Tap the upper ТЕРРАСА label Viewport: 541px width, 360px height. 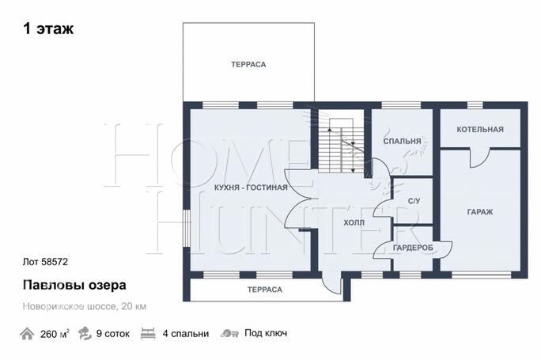pos(248,63)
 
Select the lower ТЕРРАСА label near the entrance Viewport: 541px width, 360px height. pos(265,290)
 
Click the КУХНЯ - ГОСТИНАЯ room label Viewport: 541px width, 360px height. pos(251,188)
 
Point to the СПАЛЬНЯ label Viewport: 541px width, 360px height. pos(402,142)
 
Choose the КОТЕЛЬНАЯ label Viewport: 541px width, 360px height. pos(479,129)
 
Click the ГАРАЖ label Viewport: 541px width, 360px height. pos(479,212)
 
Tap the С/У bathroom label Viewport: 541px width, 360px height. pos(413,201)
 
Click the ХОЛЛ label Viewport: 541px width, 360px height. pos(354,223)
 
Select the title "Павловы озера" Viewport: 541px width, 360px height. pos(73,284)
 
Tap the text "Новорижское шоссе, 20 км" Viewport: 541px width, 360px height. pos(84,306)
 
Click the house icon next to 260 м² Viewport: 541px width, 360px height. pos(27,333)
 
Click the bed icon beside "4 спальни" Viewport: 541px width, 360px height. pos(148,334)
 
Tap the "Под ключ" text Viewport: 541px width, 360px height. pos(265,333)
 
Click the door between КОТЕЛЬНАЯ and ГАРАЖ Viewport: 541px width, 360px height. pos(479,157)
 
